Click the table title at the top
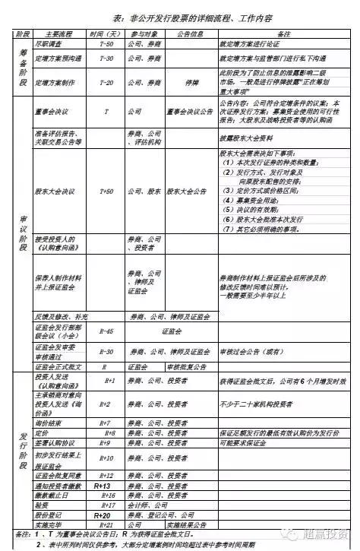179,18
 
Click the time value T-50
106,45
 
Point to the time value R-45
106,331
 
